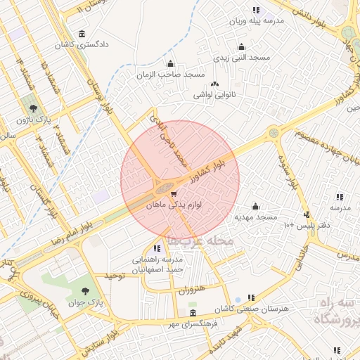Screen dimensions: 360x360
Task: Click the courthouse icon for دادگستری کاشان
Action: coord(83,34)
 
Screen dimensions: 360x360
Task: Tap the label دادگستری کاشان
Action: coord(83,45)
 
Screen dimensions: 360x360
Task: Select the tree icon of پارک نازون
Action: coord(34,108)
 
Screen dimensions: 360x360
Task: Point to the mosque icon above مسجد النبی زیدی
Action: coord(242,48)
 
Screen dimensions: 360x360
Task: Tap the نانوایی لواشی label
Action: coord(214,94)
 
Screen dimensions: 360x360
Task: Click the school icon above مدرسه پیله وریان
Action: coord(256,10)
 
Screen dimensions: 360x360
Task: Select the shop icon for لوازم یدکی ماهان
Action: coord(174,193)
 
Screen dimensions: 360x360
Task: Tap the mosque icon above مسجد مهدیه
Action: coord(255,206)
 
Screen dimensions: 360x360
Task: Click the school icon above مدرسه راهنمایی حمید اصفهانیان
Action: coord(156,248)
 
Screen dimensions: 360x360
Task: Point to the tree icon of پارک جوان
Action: coord(85,290)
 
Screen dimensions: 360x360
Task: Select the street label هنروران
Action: coord(191,290)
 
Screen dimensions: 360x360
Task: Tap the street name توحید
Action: coord(114,276)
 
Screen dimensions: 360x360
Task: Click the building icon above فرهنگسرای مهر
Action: coord(193,313)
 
